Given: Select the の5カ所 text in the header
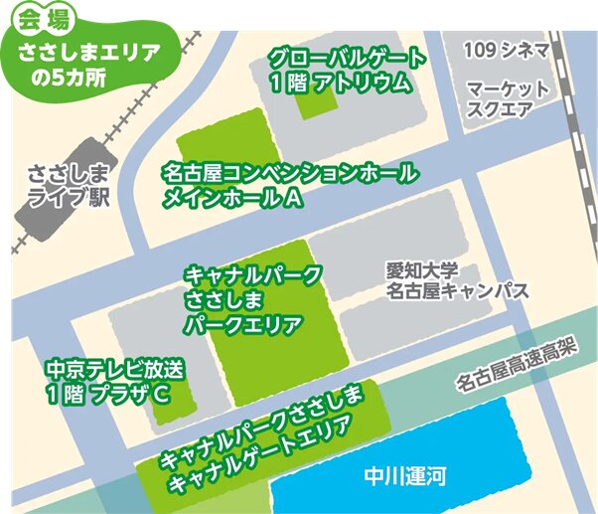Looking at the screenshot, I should tap(80, 79).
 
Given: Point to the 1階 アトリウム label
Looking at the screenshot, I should tap(339, 83).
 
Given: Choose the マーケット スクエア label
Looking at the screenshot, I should tap(508, 98).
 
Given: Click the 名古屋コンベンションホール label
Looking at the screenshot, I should tap(290, 174).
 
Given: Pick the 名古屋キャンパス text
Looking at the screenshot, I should tap(458, 291).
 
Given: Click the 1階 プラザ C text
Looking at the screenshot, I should tap(103, 395).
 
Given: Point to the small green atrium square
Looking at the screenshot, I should tap(319, 100).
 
